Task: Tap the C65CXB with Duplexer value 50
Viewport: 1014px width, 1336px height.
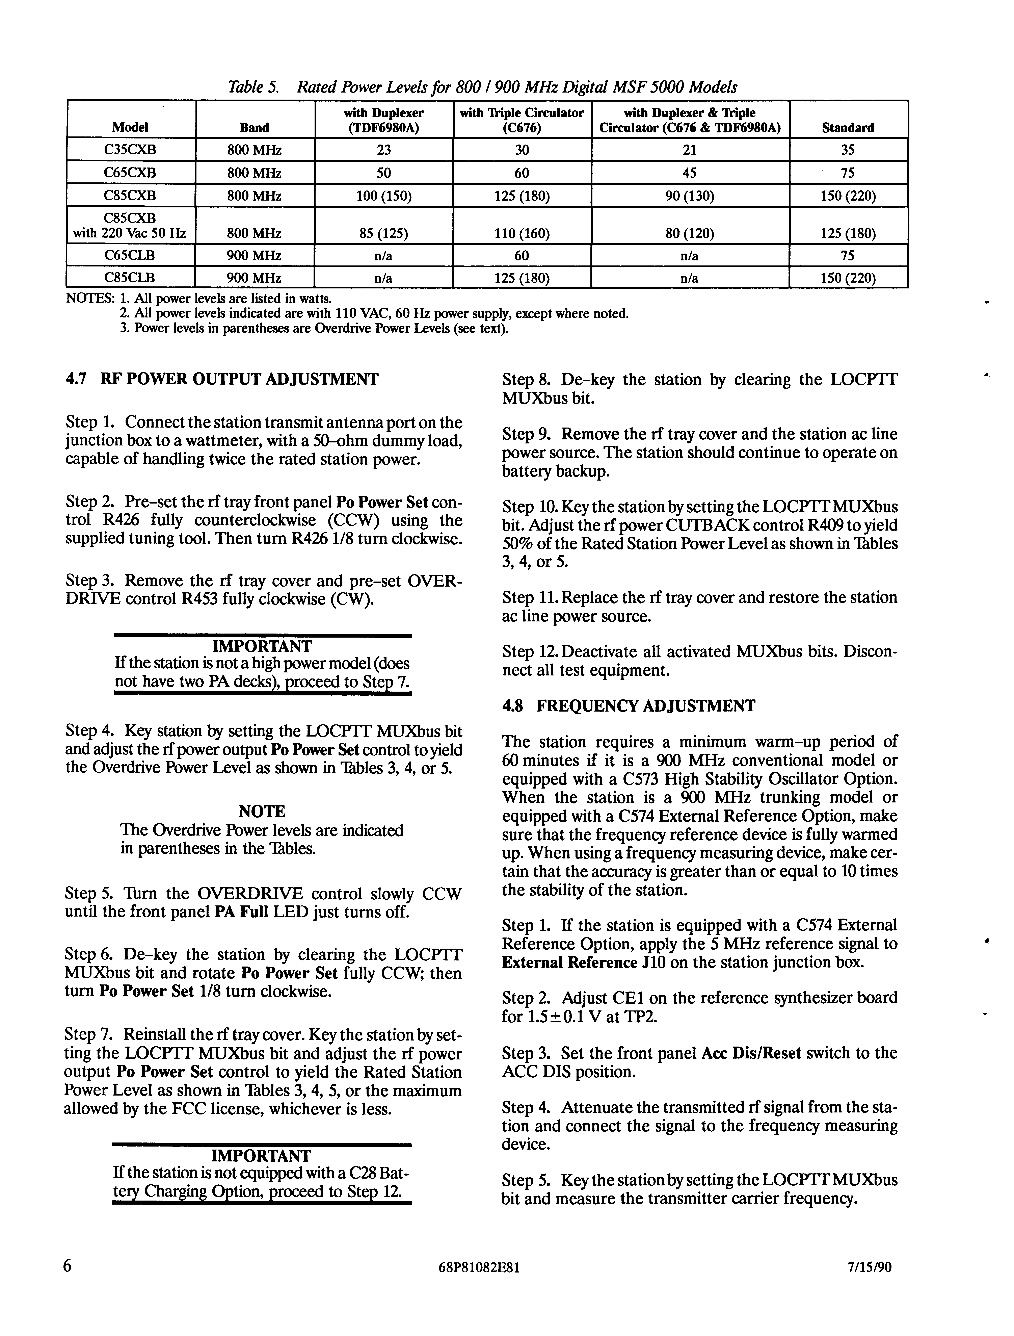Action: (383, 173)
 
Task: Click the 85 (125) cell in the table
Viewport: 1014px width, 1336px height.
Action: (383, 233)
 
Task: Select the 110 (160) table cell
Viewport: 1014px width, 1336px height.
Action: (522, 233)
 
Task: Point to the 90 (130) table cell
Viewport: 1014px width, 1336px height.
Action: (690, 196)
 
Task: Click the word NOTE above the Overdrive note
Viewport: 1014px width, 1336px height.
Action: (262, 811)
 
